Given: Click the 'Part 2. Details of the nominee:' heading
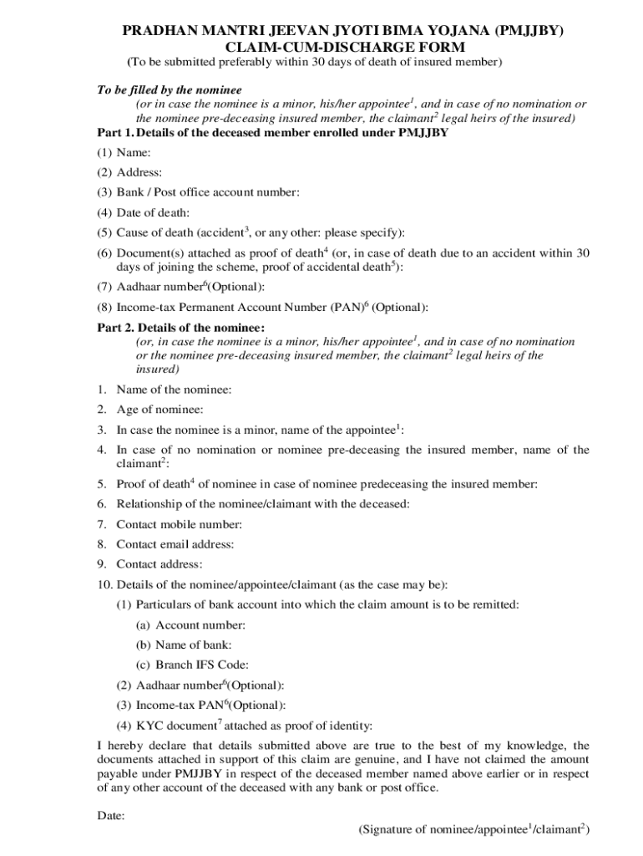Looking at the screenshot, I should [x=181, y=328].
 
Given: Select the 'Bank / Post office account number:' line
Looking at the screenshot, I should [x=207, y=192].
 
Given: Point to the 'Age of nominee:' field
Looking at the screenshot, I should [x=159, y=410].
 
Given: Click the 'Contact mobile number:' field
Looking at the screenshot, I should [x=179, y=524].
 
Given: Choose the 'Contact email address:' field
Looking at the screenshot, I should [x=175, y=544].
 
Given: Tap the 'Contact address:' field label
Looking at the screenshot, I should [x=159, y=564].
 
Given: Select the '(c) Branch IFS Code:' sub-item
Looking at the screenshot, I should [x=192, y=665].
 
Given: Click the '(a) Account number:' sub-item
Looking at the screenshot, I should [x=190, y=624].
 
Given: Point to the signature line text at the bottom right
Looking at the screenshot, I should [x=474, y=830].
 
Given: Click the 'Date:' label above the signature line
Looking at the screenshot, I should [x=111, y=815].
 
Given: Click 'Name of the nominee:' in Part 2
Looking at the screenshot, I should [x=174, y=390].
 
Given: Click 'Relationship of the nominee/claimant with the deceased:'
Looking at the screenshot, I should [x=262, y=504].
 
